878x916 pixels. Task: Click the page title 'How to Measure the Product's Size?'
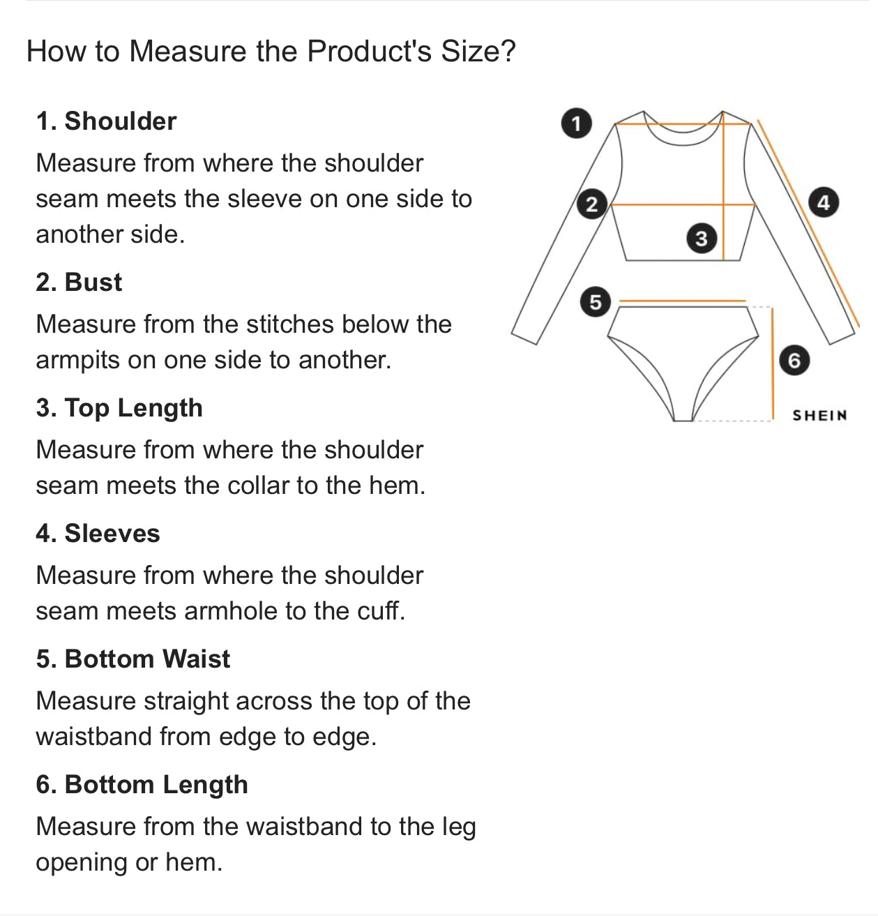click(271, 51)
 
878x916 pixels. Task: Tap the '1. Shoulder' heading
click(106, 121)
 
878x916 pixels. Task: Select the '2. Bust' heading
click(79, 282)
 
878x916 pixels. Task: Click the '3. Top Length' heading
click(119, 407)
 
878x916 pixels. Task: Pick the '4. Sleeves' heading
click(98, 533)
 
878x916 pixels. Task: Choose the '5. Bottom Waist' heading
click(133, 659)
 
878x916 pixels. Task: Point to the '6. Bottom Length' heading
click(142, 785)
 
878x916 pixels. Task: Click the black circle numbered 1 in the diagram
click(577, 123)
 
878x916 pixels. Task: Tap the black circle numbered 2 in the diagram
click(592, 204)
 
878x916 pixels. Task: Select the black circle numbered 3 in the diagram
click(701, 238)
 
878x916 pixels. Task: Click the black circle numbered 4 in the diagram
click(824, 202)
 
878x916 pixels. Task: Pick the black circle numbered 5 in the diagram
click(596, 301)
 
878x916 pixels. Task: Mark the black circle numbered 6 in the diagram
click(794, 361)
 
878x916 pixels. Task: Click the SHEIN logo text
click(819, 415)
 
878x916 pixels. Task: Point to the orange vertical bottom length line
click(773, 363)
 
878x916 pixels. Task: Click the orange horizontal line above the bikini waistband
click(683, 300)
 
